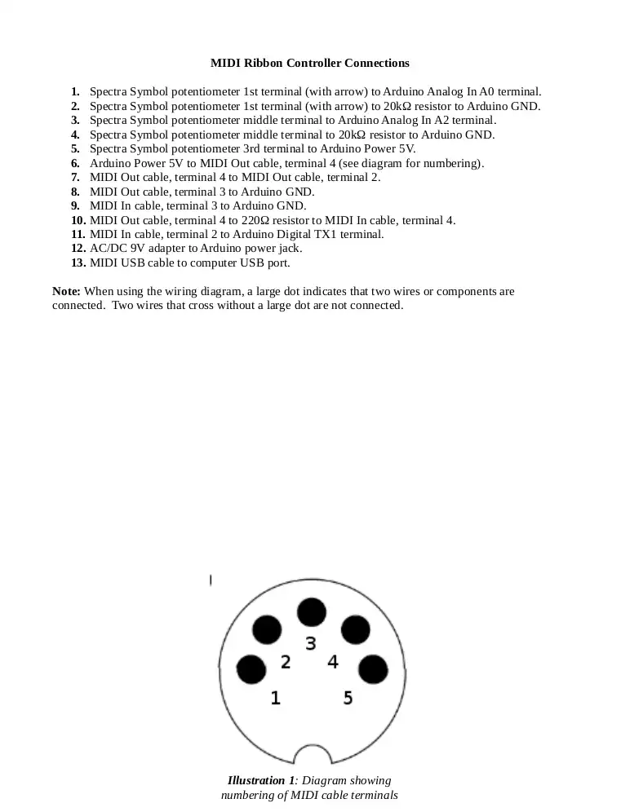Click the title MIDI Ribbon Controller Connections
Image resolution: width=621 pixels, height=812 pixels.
(x=310, y=63)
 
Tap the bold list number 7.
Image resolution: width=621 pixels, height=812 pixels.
(x=75, y=178)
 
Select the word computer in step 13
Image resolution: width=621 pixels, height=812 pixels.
(x=195, y=263)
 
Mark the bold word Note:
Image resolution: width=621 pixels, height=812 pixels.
(x=66, y=291)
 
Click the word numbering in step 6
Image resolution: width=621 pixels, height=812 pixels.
(x=452, y=163)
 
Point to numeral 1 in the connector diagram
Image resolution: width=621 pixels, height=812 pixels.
(x=276, y=698)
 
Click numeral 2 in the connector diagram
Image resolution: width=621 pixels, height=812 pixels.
(x=286, y=662)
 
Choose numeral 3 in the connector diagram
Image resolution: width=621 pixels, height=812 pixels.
(x=311, y=644)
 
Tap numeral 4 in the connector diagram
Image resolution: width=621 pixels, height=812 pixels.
(x=333, y=662)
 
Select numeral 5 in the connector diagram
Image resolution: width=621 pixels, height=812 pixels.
(x=348, y=698)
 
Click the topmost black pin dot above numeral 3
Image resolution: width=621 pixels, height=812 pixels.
(x=311, y=612)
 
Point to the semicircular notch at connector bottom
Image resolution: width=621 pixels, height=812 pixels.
(x=311, y=757)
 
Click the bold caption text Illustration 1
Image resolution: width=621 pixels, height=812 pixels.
(x=261, y=781)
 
